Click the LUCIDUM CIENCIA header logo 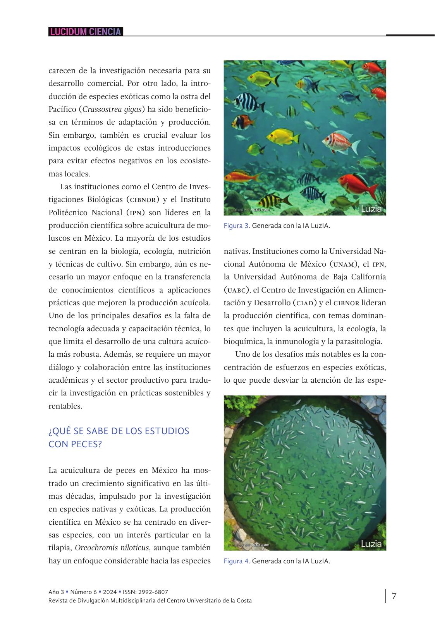(86, 32)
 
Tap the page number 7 (394, 596)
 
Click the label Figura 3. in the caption (237, 226)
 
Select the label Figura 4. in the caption (237, 561)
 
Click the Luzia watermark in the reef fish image (371, 209)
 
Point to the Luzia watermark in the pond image (371, 544)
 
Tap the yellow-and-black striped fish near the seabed (273, 201)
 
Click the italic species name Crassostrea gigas (112, 109)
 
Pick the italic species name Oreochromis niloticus (112, 548)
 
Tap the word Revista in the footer (58, 601)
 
